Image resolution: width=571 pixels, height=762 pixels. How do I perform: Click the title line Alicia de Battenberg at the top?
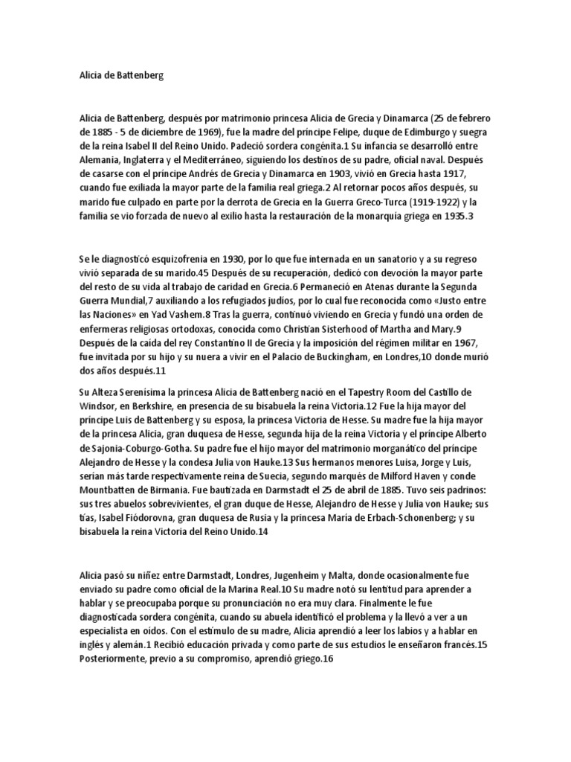[120, 76]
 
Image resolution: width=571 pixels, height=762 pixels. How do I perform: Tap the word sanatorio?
[379, 257]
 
